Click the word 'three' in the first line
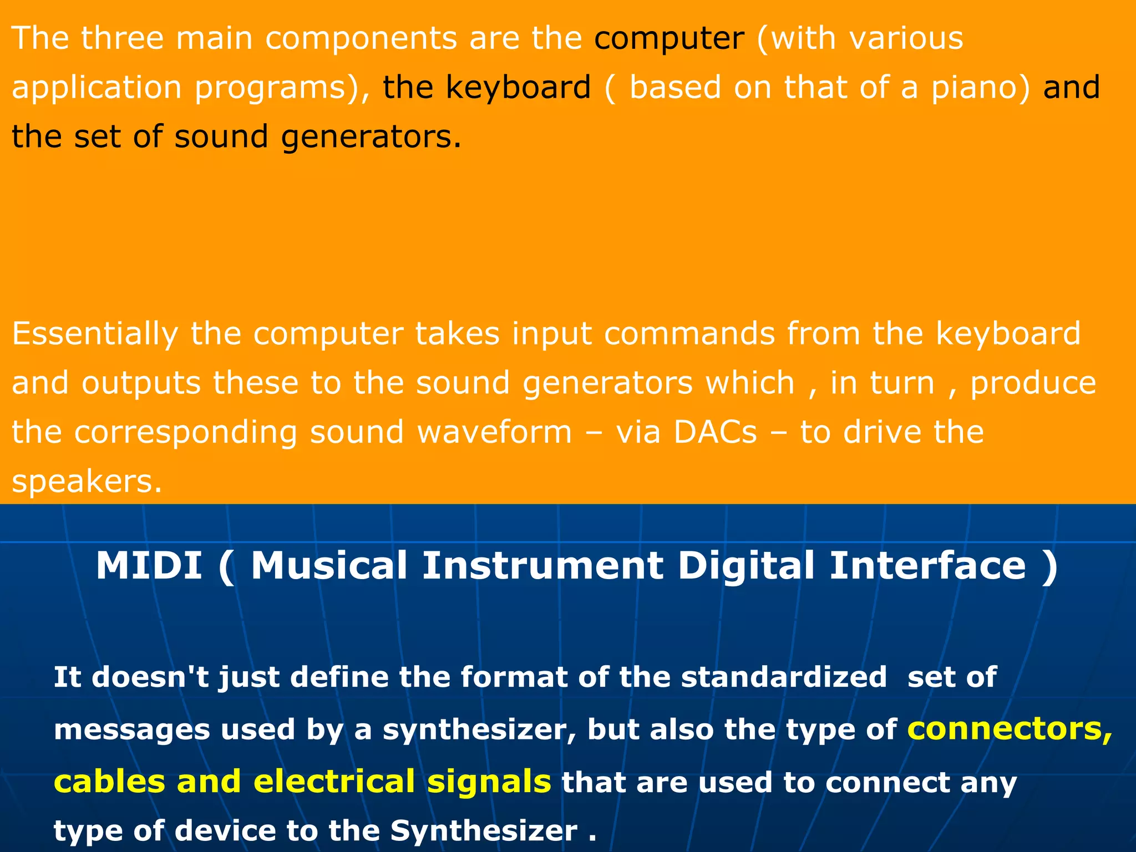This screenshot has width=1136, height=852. point(123,38)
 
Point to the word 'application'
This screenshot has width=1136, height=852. point(97,88)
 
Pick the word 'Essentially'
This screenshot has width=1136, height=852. point(95,334)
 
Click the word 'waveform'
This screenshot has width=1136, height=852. point(494,432)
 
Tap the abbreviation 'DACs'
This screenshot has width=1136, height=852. point(716,432)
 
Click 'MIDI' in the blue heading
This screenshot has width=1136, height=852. point(149,566)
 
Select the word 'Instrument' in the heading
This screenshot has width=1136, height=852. point(542,566)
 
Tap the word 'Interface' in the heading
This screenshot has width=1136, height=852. point(927,566)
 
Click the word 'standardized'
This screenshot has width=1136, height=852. point(784,677)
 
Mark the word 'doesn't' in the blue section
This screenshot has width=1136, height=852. point(150,677)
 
